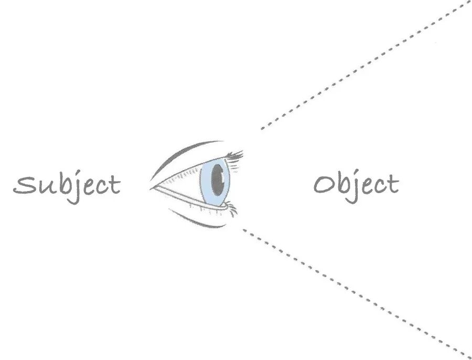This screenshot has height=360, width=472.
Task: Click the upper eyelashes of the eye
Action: click(234, 155)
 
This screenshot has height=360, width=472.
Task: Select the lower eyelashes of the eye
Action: click(231, 210)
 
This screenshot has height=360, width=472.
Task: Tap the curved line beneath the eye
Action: click(199, 223)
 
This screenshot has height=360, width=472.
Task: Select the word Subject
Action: click(67, 185)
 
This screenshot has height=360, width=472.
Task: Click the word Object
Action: click(357, 185)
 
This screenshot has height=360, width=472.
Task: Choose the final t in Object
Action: click(393, 184)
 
